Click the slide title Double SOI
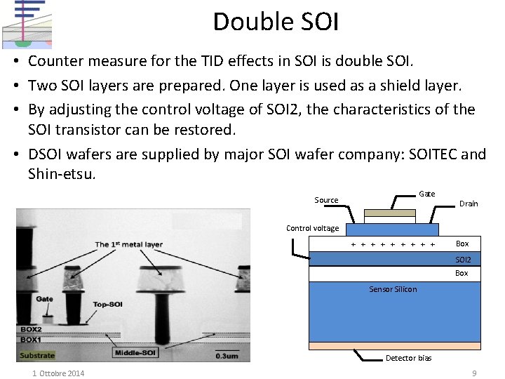(276, 22)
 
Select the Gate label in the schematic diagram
(426, 194)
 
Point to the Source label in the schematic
(326, 200)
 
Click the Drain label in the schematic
(469, 204)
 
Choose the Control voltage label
(312, 228)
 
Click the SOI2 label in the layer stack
(464, 260)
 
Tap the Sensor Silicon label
(393, 289)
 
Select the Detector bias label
(408, 358)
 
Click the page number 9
(474, 373)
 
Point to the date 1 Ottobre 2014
(58, 373)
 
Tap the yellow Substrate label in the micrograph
(37, 356)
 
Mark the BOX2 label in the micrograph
(31, 329)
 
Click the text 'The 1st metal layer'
(128, 245)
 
